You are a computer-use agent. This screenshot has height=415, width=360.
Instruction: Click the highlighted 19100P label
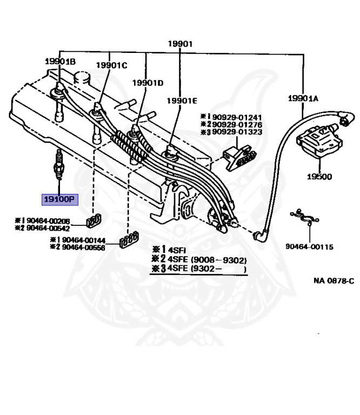60,199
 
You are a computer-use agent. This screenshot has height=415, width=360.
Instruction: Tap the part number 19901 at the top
180,44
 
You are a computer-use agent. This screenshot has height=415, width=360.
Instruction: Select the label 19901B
61,62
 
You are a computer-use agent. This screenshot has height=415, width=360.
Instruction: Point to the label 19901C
112,65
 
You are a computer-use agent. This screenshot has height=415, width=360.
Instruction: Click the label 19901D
148,83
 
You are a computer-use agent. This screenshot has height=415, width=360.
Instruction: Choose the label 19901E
182,101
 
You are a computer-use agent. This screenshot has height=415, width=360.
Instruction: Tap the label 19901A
303,99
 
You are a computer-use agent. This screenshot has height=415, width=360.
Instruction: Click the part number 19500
319,177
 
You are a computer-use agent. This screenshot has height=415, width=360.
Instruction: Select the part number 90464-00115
309,246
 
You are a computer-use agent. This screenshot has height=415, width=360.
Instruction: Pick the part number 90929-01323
237,132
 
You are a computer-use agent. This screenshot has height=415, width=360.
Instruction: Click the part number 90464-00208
48,220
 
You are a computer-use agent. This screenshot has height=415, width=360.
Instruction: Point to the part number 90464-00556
83,247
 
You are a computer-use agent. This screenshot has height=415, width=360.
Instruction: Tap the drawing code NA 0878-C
334,280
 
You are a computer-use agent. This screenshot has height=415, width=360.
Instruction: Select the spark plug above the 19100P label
59,165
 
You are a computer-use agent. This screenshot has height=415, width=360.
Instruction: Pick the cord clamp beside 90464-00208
94,220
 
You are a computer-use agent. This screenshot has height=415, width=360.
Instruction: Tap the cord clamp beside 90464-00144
129,240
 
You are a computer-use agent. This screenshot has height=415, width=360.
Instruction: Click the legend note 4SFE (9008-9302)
207,260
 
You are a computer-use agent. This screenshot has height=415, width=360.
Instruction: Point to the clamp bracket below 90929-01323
239,157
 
